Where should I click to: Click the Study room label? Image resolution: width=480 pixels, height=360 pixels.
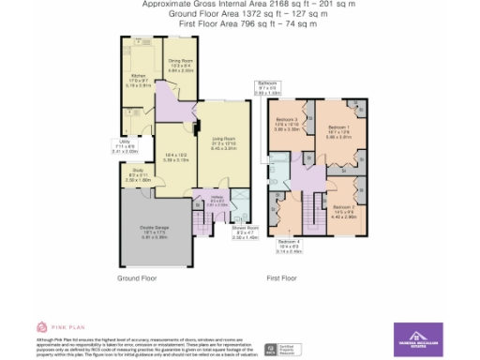click(138, 172)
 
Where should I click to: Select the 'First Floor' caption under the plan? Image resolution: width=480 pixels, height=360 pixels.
click(281, 278)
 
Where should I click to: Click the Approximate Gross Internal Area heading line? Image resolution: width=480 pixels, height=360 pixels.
click(242, 5)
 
